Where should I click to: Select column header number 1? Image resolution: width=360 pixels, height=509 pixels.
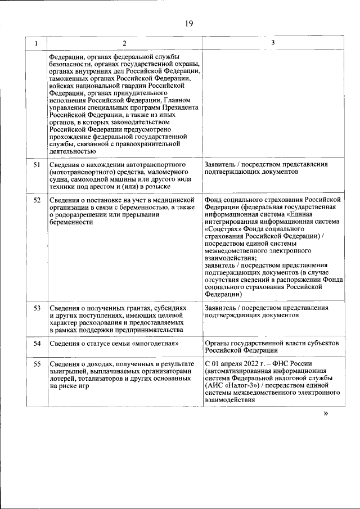click(37, 43)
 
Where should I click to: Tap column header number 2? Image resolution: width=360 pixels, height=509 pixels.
click(124, 43)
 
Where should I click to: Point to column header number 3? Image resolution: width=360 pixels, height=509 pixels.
click(273, 43)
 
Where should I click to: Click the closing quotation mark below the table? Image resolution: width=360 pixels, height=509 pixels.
click(326, 413)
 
